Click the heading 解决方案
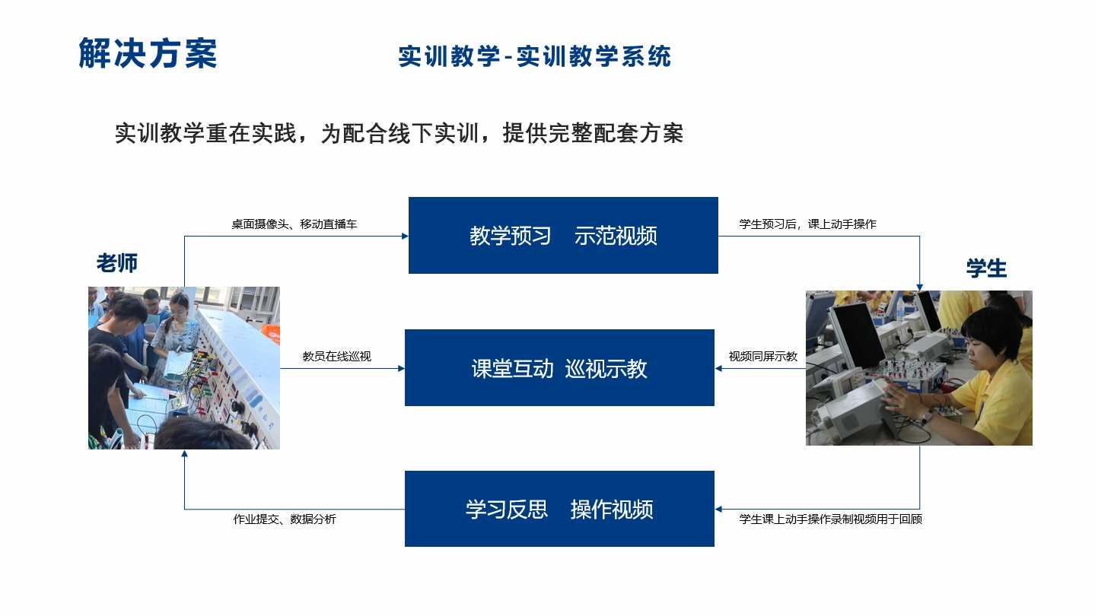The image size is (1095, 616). click(148, 52)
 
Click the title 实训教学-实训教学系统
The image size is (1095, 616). click(535, 56)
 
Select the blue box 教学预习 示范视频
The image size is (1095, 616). click(563, 236)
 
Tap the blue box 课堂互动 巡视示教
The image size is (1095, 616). click(560, 368)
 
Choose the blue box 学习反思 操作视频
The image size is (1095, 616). click(560, 509)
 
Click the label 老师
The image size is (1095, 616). click(117, 263)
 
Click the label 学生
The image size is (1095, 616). click(986, 268)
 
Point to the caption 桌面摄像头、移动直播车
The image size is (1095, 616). click(294, 224)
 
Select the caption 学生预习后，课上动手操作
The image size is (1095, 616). click(807, 224)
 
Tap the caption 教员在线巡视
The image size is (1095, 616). click(337, 357)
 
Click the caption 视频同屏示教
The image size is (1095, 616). click(763, 357)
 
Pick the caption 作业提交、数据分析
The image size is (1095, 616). click(285, 519)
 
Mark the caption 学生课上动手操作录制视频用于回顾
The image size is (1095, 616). click(830, 519)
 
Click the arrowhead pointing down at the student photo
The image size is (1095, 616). click(919, 287)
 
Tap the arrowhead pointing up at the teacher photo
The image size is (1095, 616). click(184, 453)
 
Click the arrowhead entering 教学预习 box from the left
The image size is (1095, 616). click(406, 236)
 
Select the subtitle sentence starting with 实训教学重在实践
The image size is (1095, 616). click(399, 133)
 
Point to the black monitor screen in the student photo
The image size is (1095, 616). click(858, 334)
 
